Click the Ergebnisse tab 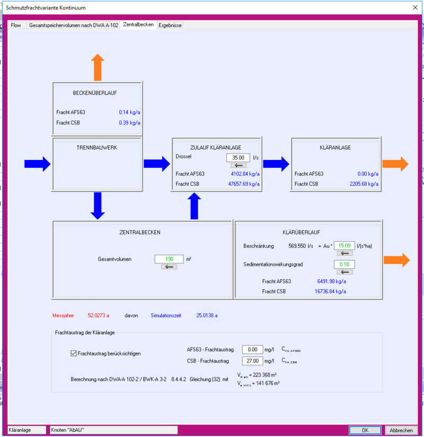(x=170, y=25)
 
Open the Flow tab (x=16, y=25)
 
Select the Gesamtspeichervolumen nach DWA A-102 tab (x=74, y=25)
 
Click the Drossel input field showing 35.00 (x=237, y=158)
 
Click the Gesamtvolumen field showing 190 (x=169, y=259)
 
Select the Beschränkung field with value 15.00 (x=344, y=246)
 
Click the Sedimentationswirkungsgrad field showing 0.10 (x=344, y=264)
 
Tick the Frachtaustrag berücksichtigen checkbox (x=74, y=353)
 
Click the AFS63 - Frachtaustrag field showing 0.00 (x=252, y=350)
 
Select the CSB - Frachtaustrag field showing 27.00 (x=252, y=361)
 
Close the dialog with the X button (x=414, y=7)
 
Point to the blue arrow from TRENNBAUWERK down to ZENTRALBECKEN (x=97, y=206)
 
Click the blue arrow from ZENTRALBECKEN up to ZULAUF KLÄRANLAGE (x=195, y=206)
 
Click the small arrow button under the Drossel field (x=238, y=166)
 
